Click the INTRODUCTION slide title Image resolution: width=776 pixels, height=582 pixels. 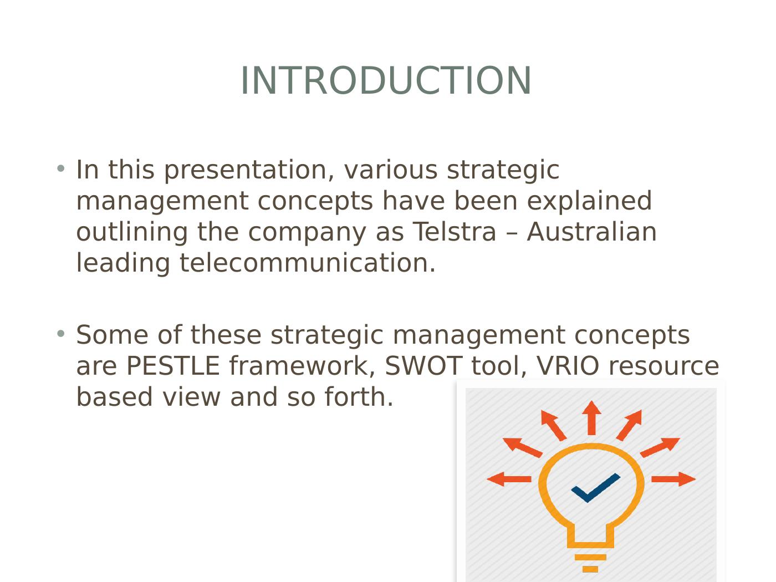pyautogui.click(x=386, y=80)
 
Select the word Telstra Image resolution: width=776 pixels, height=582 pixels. pyautogui.click(x=455, y=232)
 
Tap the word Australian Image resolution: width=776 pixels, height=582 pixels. pyautogui.click(x=591, y=232)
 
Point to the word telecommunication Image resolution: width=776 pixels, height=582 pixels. pyautogui.click(x=308, y=263)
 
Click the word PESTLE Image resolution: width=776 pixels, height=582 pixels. pyautogui.click(x=173, y=365)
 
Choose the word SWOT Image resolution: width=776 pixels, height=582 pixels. pyautogui.click(x=423, y=365)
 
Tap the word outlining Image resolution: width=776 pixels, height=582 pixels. pyautogui.click(x=132, y=233)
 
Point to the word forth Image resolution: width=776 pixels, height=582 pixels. pyautogui.click(x=359, y=396)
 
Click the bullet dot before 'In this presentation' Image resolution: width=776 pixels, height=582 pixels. pyautogui.click(x=61, y=168)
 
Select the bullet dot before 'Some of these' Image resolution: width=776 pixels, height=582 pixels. pyautogui.click(x=61, y=333)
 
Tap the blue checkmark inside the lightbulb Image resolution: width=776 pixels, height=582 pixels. pyautogui.click(x=595, y=488)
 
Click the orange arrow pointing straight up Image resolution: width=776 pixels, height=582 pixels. pyautogui.click(x=591, y=418)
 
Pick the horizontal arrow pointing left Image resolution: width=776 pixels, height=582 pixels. pyautogui.click(x=509, y=479)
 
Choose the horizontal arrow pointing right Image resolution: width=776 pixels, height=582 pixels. pyautogui.click(x=674, y=479)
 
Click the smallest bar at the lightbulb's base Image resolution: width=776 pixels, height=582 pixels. pyautogui.click(x=590, y=569)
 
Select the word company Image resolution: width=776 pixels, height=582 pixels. pyautogui.click(x=307, y=233)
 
